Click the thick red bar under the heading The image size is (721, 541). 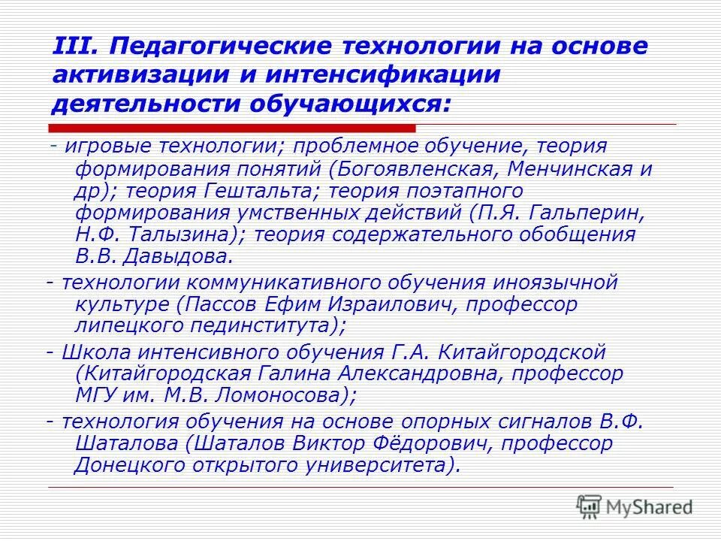pyautogui.click(x=232, y=128)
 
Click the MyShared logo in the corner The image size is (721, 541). pyautogui.click(x=635, y=506)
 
